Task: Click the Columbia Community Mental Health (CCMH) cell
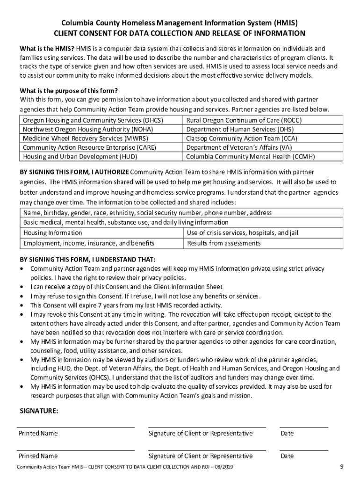pyautogui.click(x=250, y=156)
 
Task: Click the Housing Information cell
pyautogui.click(x=53, y=233)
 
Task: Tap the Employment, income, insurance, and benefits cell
pyautogui.click(x=89, y=243)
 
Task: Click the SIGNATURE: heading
pyautogui.click(x=39, y=411)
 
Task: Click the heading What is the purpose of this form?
pyautogui.click(x=68, y=91)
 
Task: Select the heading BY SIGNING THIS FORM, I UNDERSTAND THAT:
pyautogui.click(x=87, y=260)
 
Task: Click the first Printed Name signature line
pyautogui.click(x=76, y=427)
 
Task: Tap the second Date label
pyautogui.click(x=287, y=456)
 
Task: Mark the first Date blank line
pyautogui.click(x=303, y=427)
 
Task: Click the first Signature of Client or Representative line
pyautogui.click(x=207, y=427)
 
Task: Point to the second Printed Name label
pyautogui.click(x=38, y=456)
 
